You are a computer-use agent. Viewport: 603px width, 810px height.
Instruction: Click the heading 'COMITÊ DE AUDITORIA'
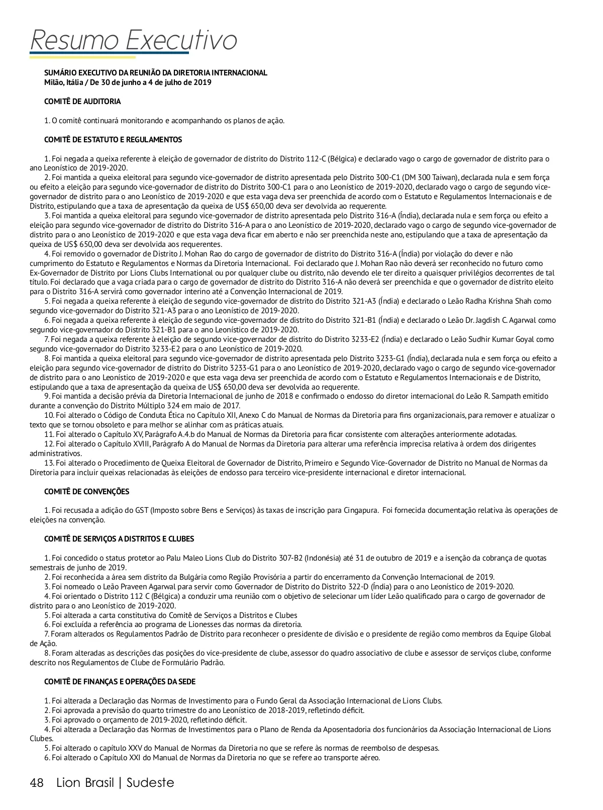tap(82, 102)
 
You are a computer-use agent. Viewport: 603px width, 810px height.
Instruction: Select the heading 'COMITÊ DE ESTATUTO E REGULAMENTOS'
tap(113, 140)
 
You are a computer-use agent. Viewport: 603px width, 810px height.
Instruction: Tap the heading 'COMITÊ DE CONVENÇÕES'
tap(86, 492)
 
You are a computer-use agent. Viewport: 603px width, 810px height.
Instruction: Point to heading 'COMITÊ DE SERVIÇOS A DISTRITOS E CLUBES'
tap(119, 539)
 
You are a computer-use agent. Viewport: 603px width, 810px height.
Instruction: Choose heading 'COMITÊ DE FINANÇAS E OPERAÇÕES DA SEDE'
tap(120, 682)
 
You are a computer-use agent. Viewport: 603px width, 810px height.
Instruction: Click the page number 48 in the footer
tap(37, 783)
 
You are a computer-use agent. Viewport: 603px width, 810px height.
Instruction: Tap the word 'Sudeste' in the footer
tap(150, 783)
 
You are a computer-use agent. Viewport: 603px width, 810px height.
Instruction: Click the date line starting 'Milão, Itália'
tap(128, 82)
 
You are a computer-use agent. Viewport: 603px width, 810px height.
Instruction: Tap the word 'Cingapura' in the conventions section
tap(360, 510)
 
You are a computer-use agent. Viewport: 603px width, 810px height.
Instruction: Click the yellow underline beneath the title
tap(83, 57)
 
